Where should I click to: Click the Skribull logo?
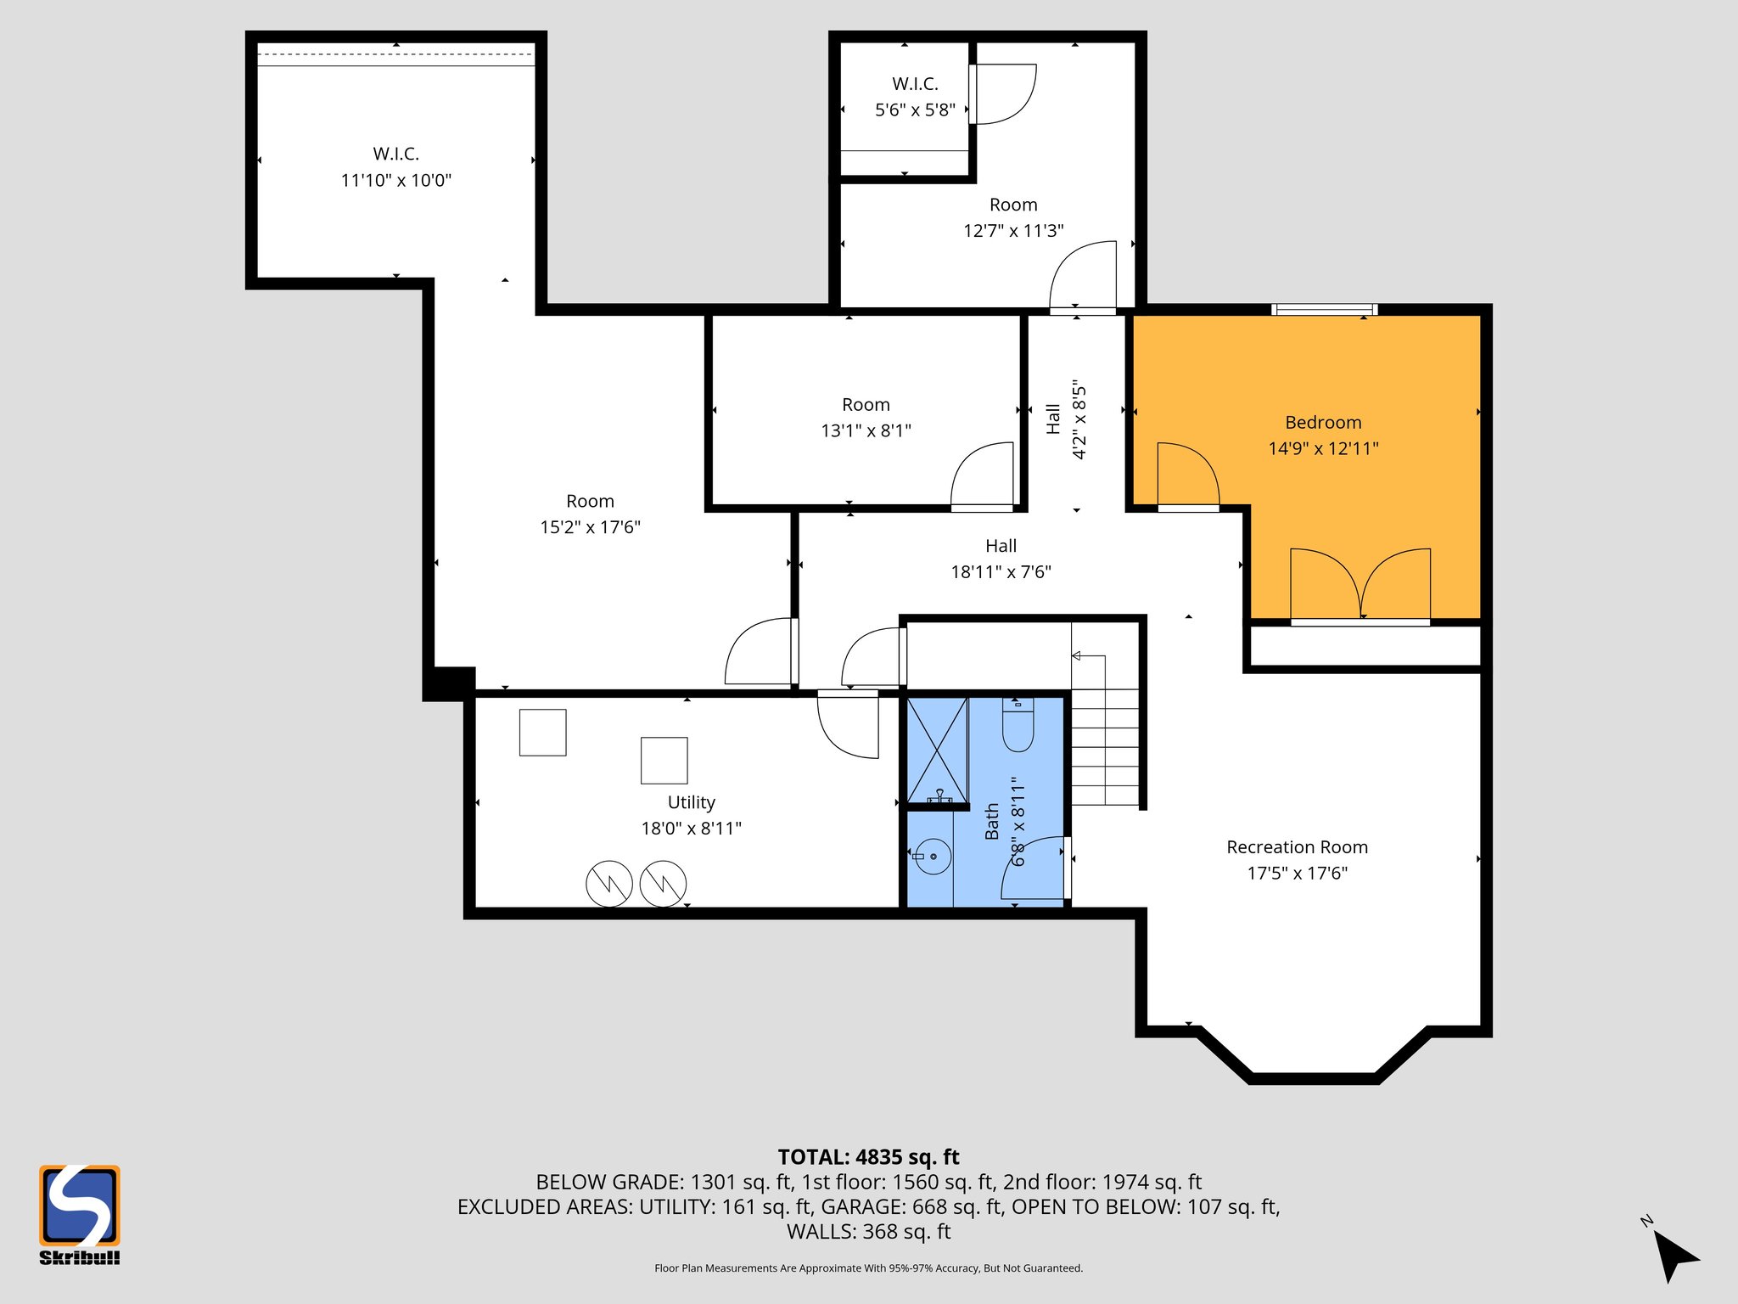tap(79, 1213)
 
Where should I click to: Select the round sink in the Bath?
tap(933, 857)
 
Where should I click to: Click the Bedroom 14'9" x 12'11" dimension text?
tap(1323, 448)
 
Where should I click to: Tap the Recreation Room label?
tap(1297, 847)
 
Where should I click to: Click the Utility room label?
tap(691, 802)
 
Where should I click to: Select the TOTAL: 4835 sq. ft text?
tap(868, 1157)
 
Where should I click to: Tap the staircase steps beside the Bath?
tap(1104, 747)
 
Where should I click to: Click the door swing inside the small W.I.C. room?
tap(1004, 93)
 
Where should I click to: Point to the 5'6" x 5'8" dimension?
tap(915, 110)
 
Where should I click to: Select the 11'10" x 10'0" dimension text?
tap(395, 180)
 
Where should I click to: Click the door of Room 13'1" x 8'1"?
tap(983, 477)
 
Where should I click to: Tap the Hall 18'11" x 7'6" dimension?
tap(1001, 572)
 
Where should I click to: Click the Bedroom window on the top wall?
tap(1324, 310)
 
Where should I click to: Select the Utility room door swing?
tap(847, 723)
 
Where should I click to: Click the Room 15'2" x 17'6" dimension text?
tap(590, 527)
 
